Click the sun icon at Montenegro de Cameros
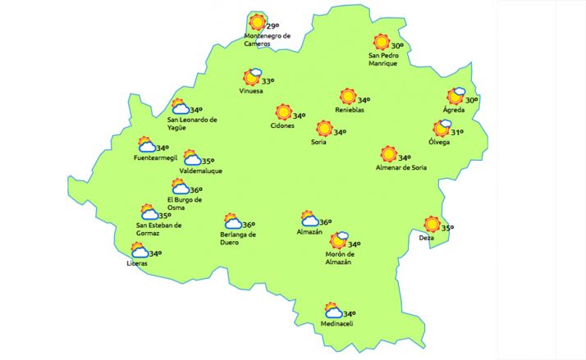(258, 22)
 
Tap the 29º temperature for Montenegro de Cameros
(273, 27)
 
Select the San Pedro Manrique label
(383, 59)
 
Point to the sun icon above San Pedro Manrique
(381, 42)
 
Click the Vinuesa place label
(251, 91)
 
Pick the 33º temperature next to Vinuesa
(268, 80)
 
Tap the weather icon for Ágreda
(456, 96)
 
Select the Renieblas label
(350, 110)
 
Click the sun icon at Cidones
(283, 112)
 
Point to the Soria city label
(319, 142)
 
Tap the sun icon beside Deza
(432, 224)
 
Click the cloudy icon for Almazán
(309, 218)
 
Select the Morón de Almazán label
(339, 257)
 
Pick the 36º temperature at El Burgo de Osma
(195, 189)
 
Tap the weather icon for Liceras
(138, 250)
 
